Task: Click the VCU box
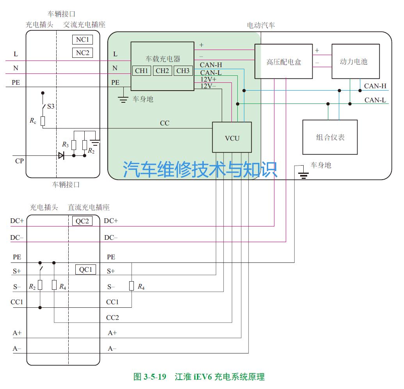(232, 137)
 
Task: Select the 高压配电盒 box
(283, 61)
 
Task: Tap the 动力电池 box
(355, 61)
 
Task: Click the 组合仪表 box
(330, 137)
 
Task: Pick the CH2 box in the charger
(162, 71)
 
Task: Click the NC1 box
(82, 39)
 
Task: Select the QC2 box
(82, 221)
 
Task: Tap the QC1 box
(85, 269)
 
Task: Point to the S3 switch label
(51, 106)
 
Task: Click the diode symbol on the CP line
(61, 155)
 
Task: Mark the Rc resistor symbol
(43, 121)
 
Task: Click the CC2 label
(112, 318)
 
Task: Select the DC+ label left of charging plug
(17, 221)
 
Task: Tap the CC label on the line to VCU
(165, 123)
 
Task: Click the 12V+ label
(208, 79)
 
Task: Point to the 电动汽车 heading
(261, 25)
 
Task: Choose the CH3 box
(183, 71)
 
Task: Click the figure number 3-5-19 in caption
(155, 377)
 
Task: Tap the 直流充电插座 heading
(89, 207)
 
